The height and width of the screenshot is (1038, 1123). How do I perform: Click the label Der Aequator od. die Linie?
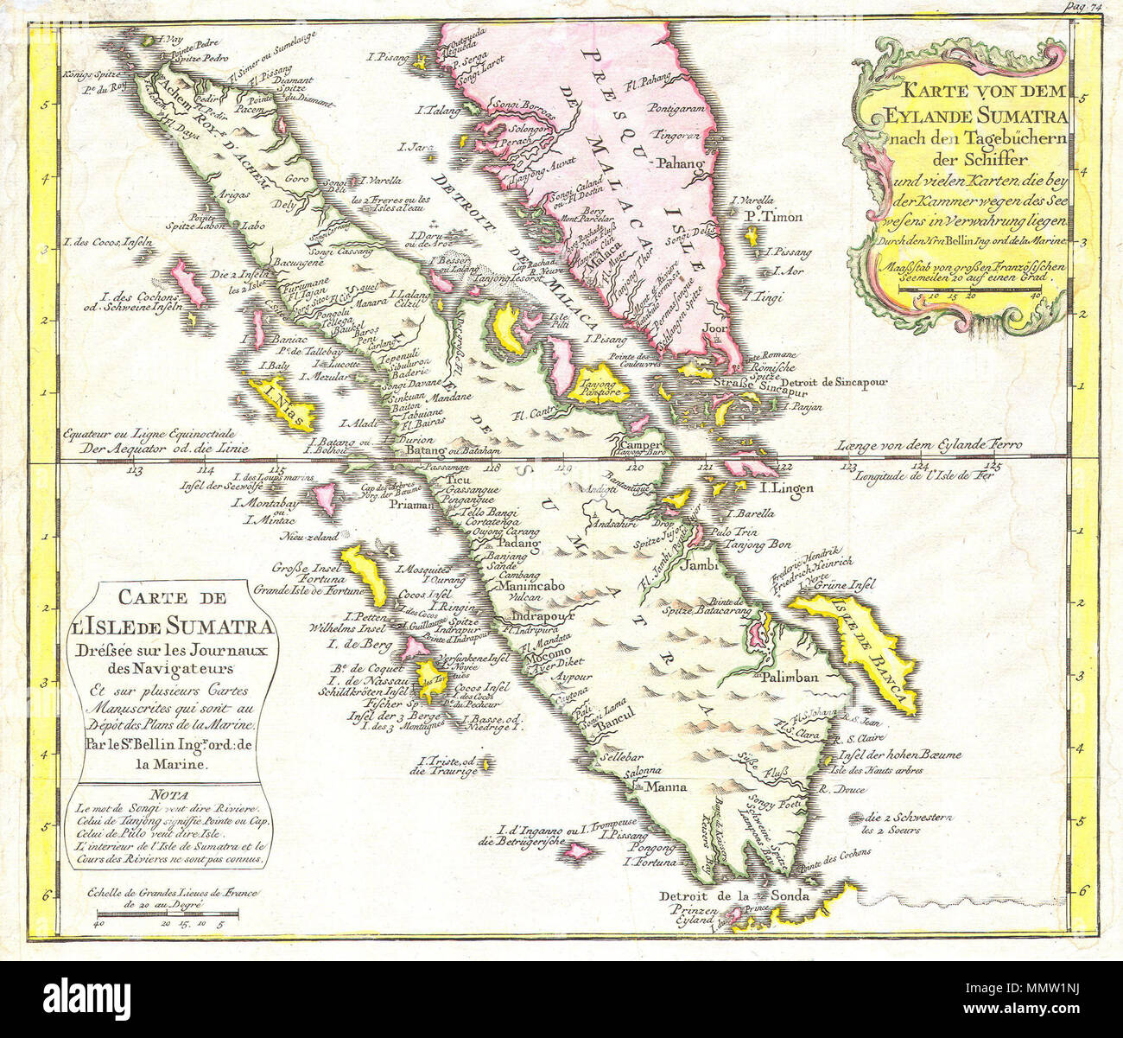click(x=162, y=448)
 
